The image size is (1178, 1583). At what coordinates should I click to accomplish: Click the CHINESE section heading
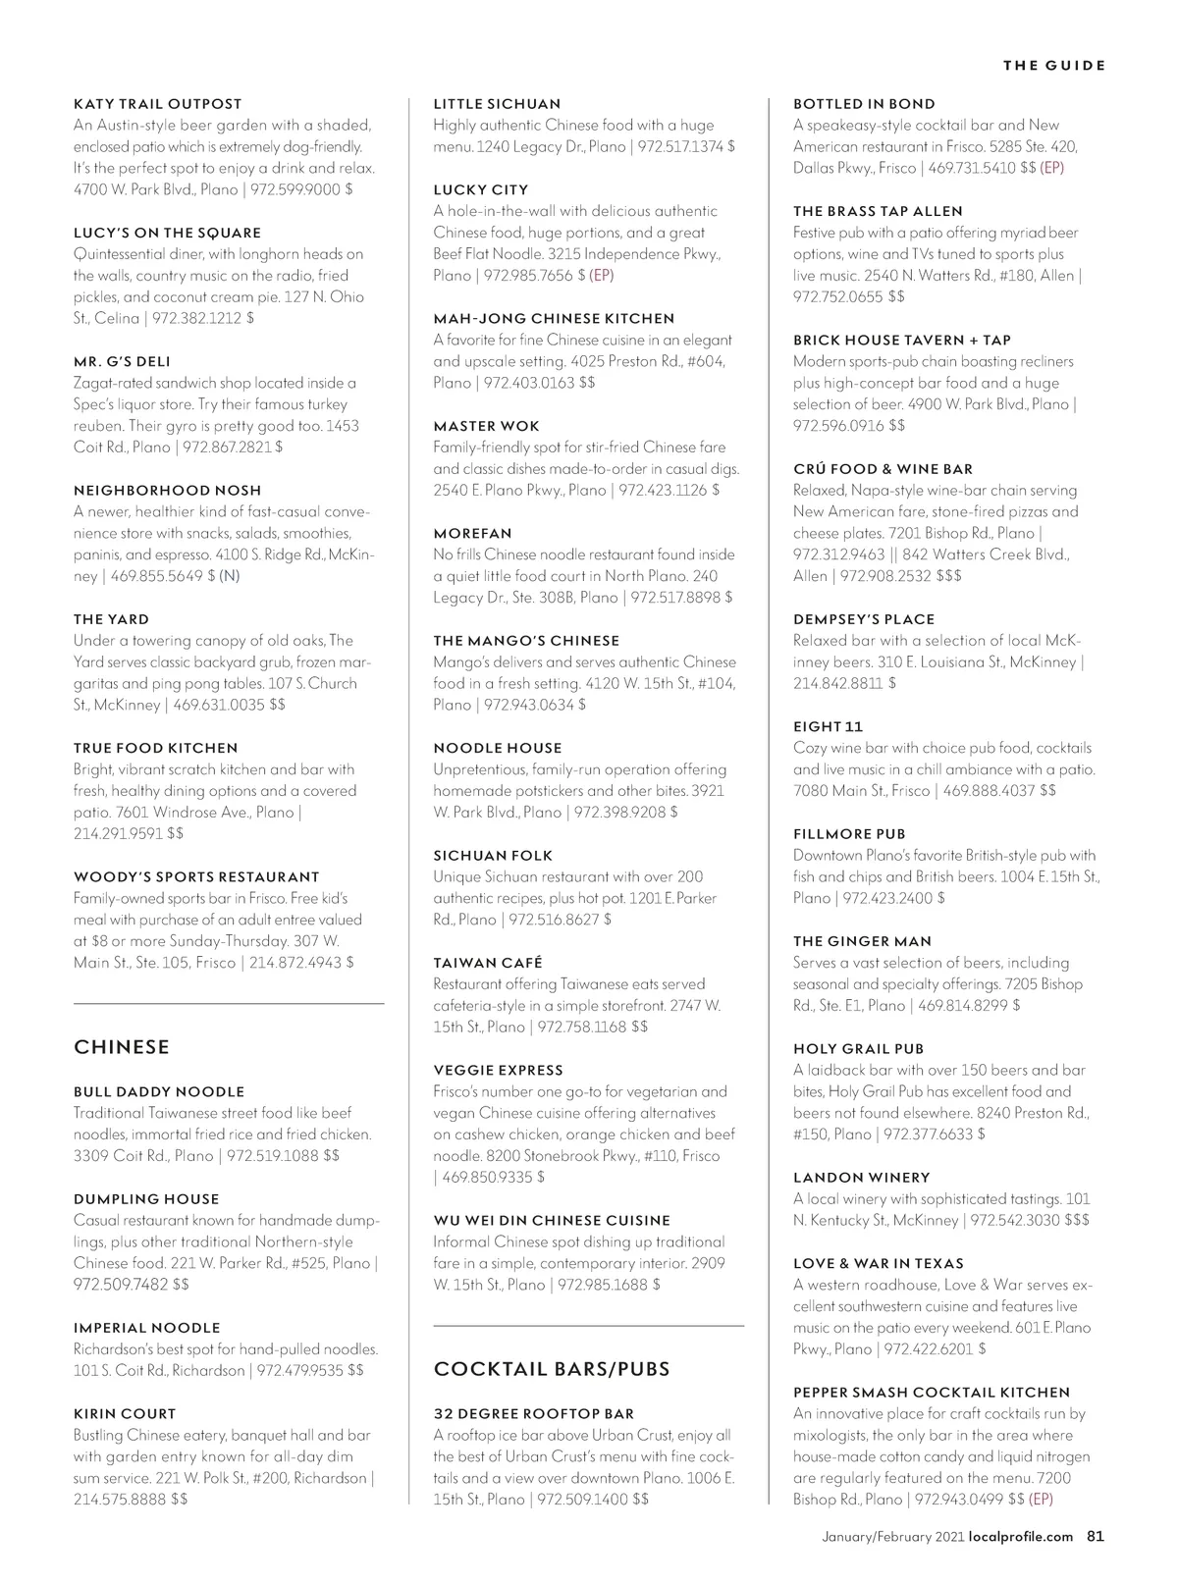click(x=122, y=1047)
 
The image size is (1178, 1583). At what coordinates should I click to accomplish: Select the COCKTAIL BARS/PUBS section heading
click(x=552, y=1369)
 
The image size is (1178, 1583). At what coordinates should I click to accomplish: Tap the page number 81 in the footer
click(x=1096, y=1537)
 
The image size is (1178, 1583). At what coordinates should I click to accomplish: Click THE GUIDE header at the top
click(x=1053, y=66)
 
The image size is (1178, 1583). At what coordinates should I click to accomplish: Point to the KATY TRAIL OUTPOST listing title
click(x=157, y=104)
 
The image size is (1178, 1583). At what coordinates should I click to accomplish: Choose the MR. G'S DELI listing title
click(x=122, y=362)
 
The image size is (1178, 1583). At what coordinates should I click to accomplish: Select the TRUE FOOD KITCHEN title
click(x=155, y=749)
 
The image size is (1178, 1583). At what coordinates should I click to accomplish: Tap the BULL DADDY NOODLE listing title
click(x=158, y=1092)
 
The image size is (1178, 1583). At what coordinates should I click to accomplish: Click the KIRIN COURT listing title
click(x=125, y=1414)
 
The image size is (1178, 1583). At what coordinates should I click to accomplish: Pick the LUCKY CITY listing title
click(x=481, y=190)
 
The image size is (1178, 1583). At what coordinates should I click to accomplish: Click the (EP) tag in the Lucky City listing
click(x=602, y=276)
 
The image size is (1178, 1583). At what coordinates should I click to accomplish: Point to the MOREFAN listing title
click(x=472, y=534)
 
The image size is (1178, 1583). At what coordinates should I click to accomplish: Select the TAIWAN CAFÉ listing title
click(x=488, y=964)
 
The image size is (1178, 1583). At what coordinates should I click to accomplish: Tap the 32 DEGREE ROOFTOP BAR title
click(x=534, y=1414)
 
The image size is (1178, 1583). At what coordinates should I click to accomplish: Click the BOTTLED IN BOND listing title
click(x=864, y=104)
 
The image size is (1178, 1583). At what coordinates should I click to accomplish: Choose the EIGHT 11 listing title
click(x=828, y=727)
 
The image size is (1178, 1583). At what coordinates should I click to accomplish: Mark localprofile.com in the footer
click(x=1021, y=1537)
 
